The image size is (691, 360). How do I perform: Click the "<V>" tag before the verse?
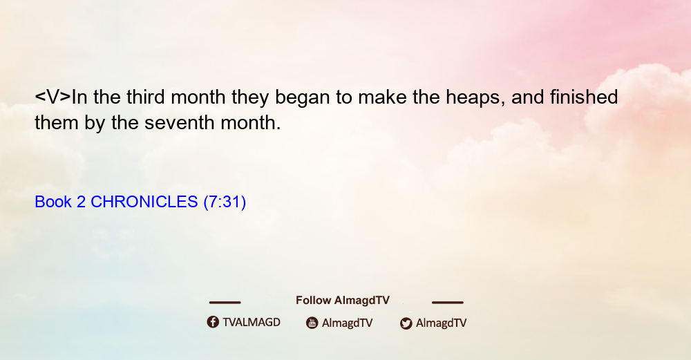[x=53, y=97]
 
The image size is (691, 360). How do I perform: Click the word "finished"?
[x=583, y=97]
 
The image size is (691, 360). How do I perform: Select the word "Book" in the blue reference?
[x=53, y=202]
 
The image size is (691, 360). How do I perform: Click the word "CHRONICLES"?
[x=144, y=202]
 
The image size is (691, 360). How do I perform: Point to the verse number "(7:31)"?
[x=225, y=202]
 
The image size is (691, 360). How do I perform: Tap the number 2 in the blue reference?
[x=81, y=202]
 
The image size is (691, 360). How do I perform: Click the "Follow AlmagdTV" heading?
[x=343, y=301]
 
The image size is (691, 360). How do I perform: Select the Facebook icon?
[x=213, y=322]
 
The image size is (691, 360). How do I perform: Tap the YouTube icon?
[x=312, y=323]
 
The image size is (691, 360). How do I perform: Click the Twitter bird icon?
[x=406, y=323]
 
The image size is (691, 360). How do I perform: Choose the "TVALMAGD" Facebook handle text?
[x=252, y=323]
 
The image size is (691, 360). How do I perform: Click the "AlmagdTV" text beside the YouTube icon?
[x=348, y=323]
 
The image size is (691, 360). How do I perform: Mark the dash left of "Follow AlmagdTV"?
[x=225, y=302]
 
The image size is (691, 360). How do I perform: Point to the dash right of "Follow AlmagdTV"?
[x=448, y=302]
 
